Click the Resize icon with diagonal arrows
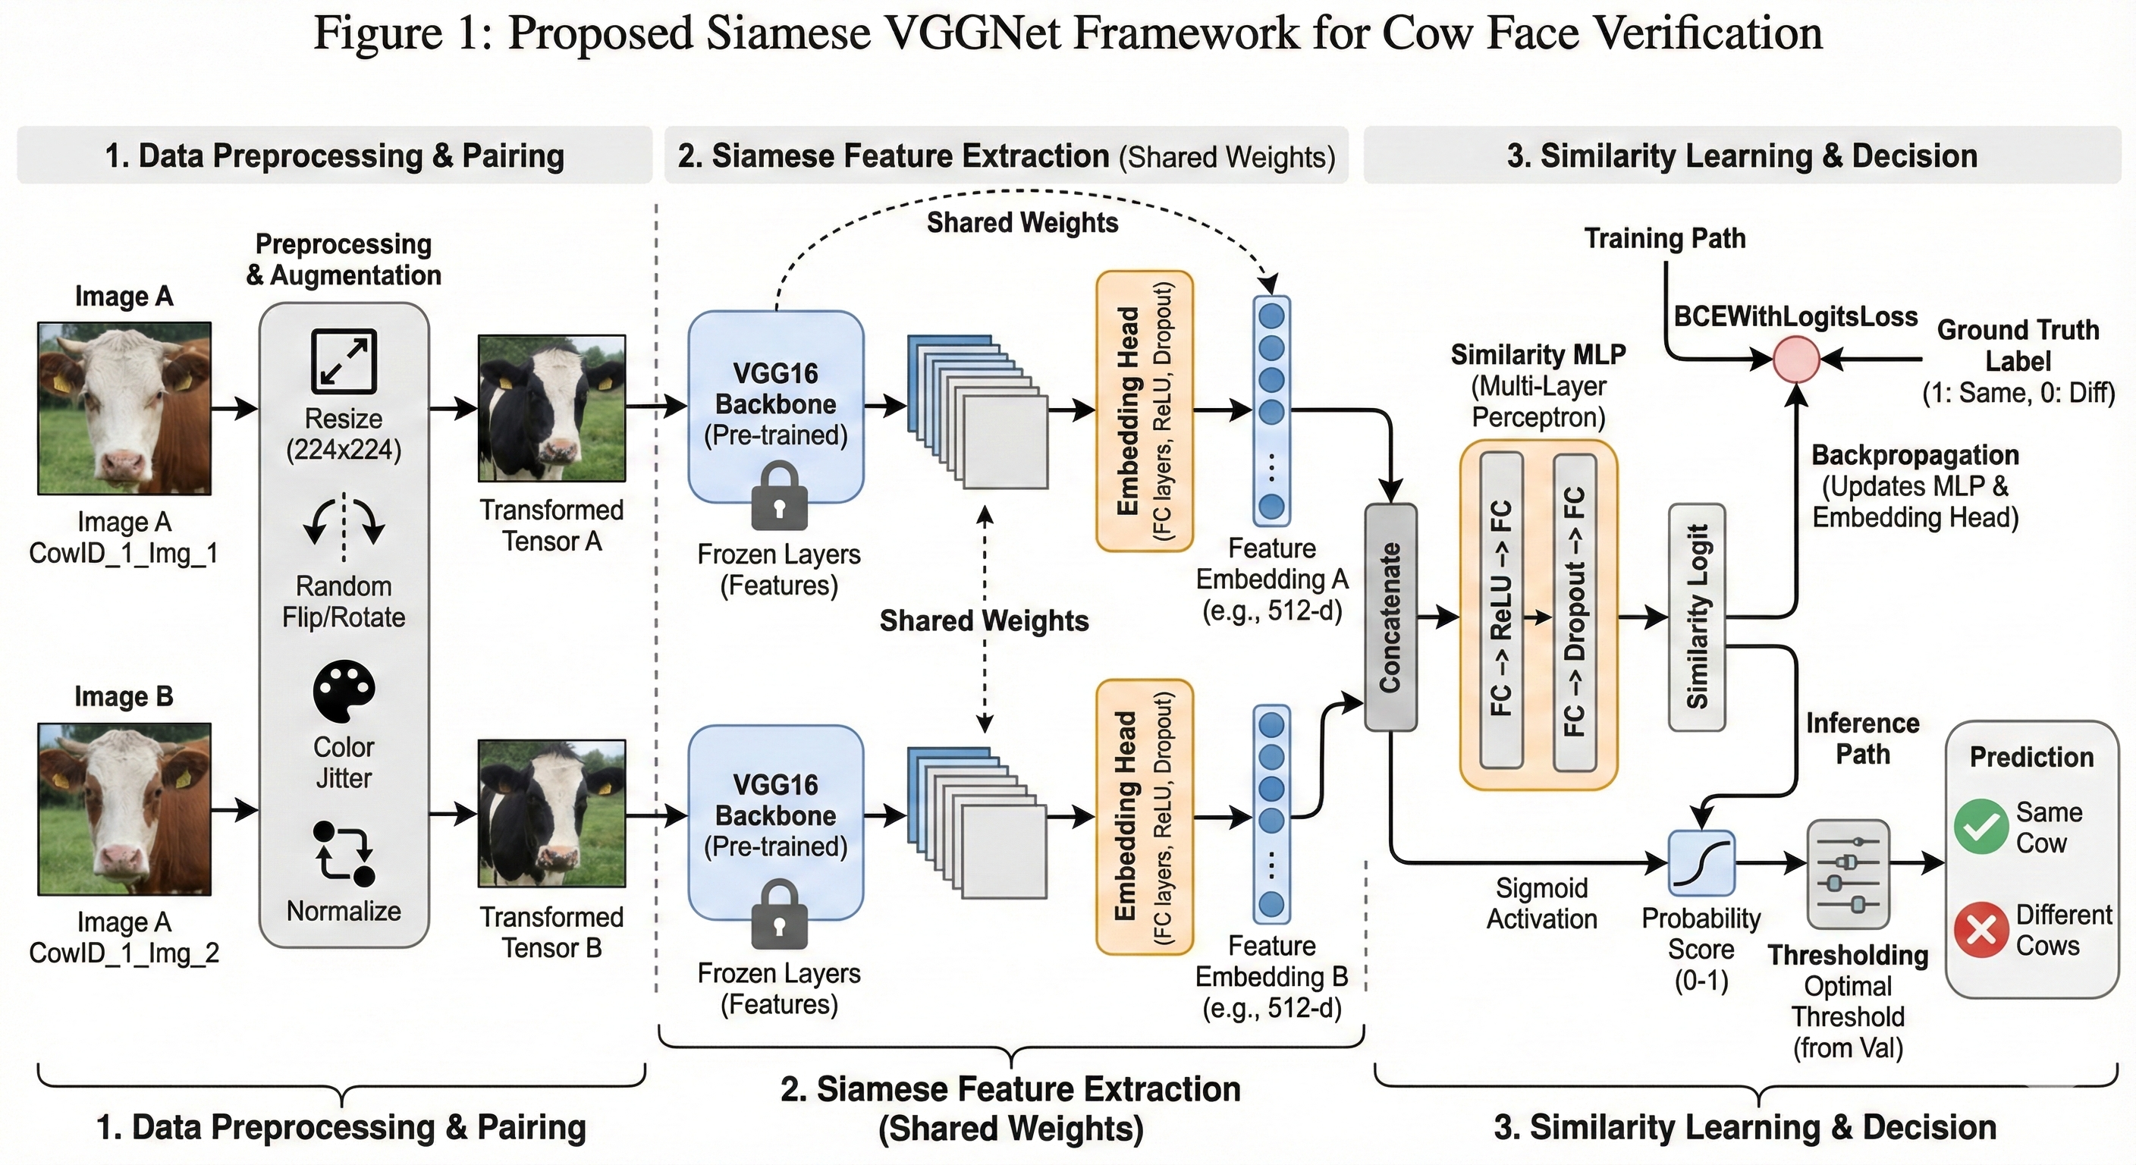(344, 361)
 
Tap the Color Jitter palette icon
(344, 691)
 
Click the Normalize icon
(344, 853)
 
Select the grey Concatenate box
(1390, 617)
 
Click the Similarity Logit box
(1697, 617)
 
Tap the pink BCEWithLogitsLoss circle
(1796, 360)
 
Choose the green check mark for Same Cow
(1981, 827)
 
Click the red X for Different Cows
(1981, 930)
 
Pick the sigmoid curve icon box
(1701, 863)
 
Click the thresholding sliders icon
(1848, 874)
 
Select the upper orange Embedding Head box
(1145, 411)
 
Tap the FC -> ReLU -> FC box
(1501, 611)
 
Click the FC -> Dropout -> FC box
(1574, 611)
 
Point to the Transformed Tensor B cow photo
(551, 813)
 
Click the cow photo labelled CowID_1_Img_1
(124, 408)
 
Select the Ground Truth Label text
(2018, 345)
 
